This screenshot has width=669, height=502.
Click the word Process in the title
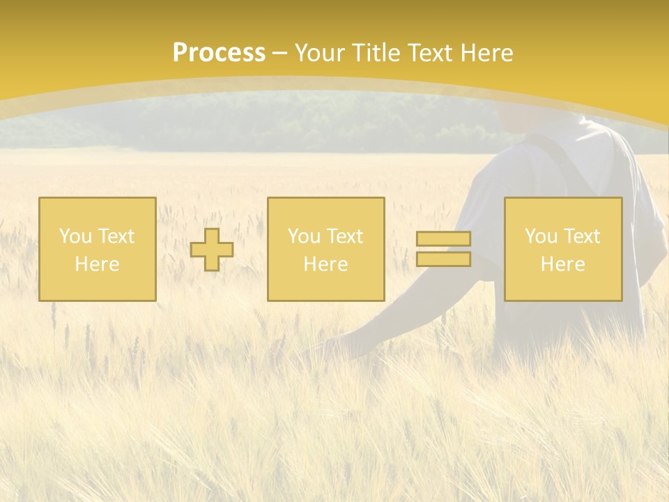pyautogui.click(x=219, y=53)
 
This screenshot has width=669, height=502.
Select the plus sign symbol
pyautogui.click(x=212, y=249)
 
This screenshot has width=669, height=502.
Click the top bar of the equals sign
pyautogui.click(x=443, y=239)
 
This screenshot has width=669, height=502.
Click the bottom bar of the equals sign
pyautogui.click(x=443, y=259)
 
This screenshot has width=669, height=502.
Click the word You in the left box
pyautogui.click(x=75, y=236)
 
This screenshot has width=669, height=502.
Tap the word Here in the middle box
pyautogui.click(x=325, y=264)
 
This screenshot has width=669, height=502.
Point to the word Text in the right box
pyautogui.click(x=582, y=236)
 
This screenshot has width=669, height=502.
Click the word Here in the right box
pyautogui.click(x=562, y=264)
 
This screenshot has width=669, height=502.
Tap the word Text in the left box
pyautogui.click(x=116, y=236)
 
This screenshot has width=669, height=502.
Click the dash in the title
pyautogui.click(x=279, y=53)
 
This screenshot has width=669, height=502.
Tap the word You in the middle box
pyautogui.click(x=303, y=236)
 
